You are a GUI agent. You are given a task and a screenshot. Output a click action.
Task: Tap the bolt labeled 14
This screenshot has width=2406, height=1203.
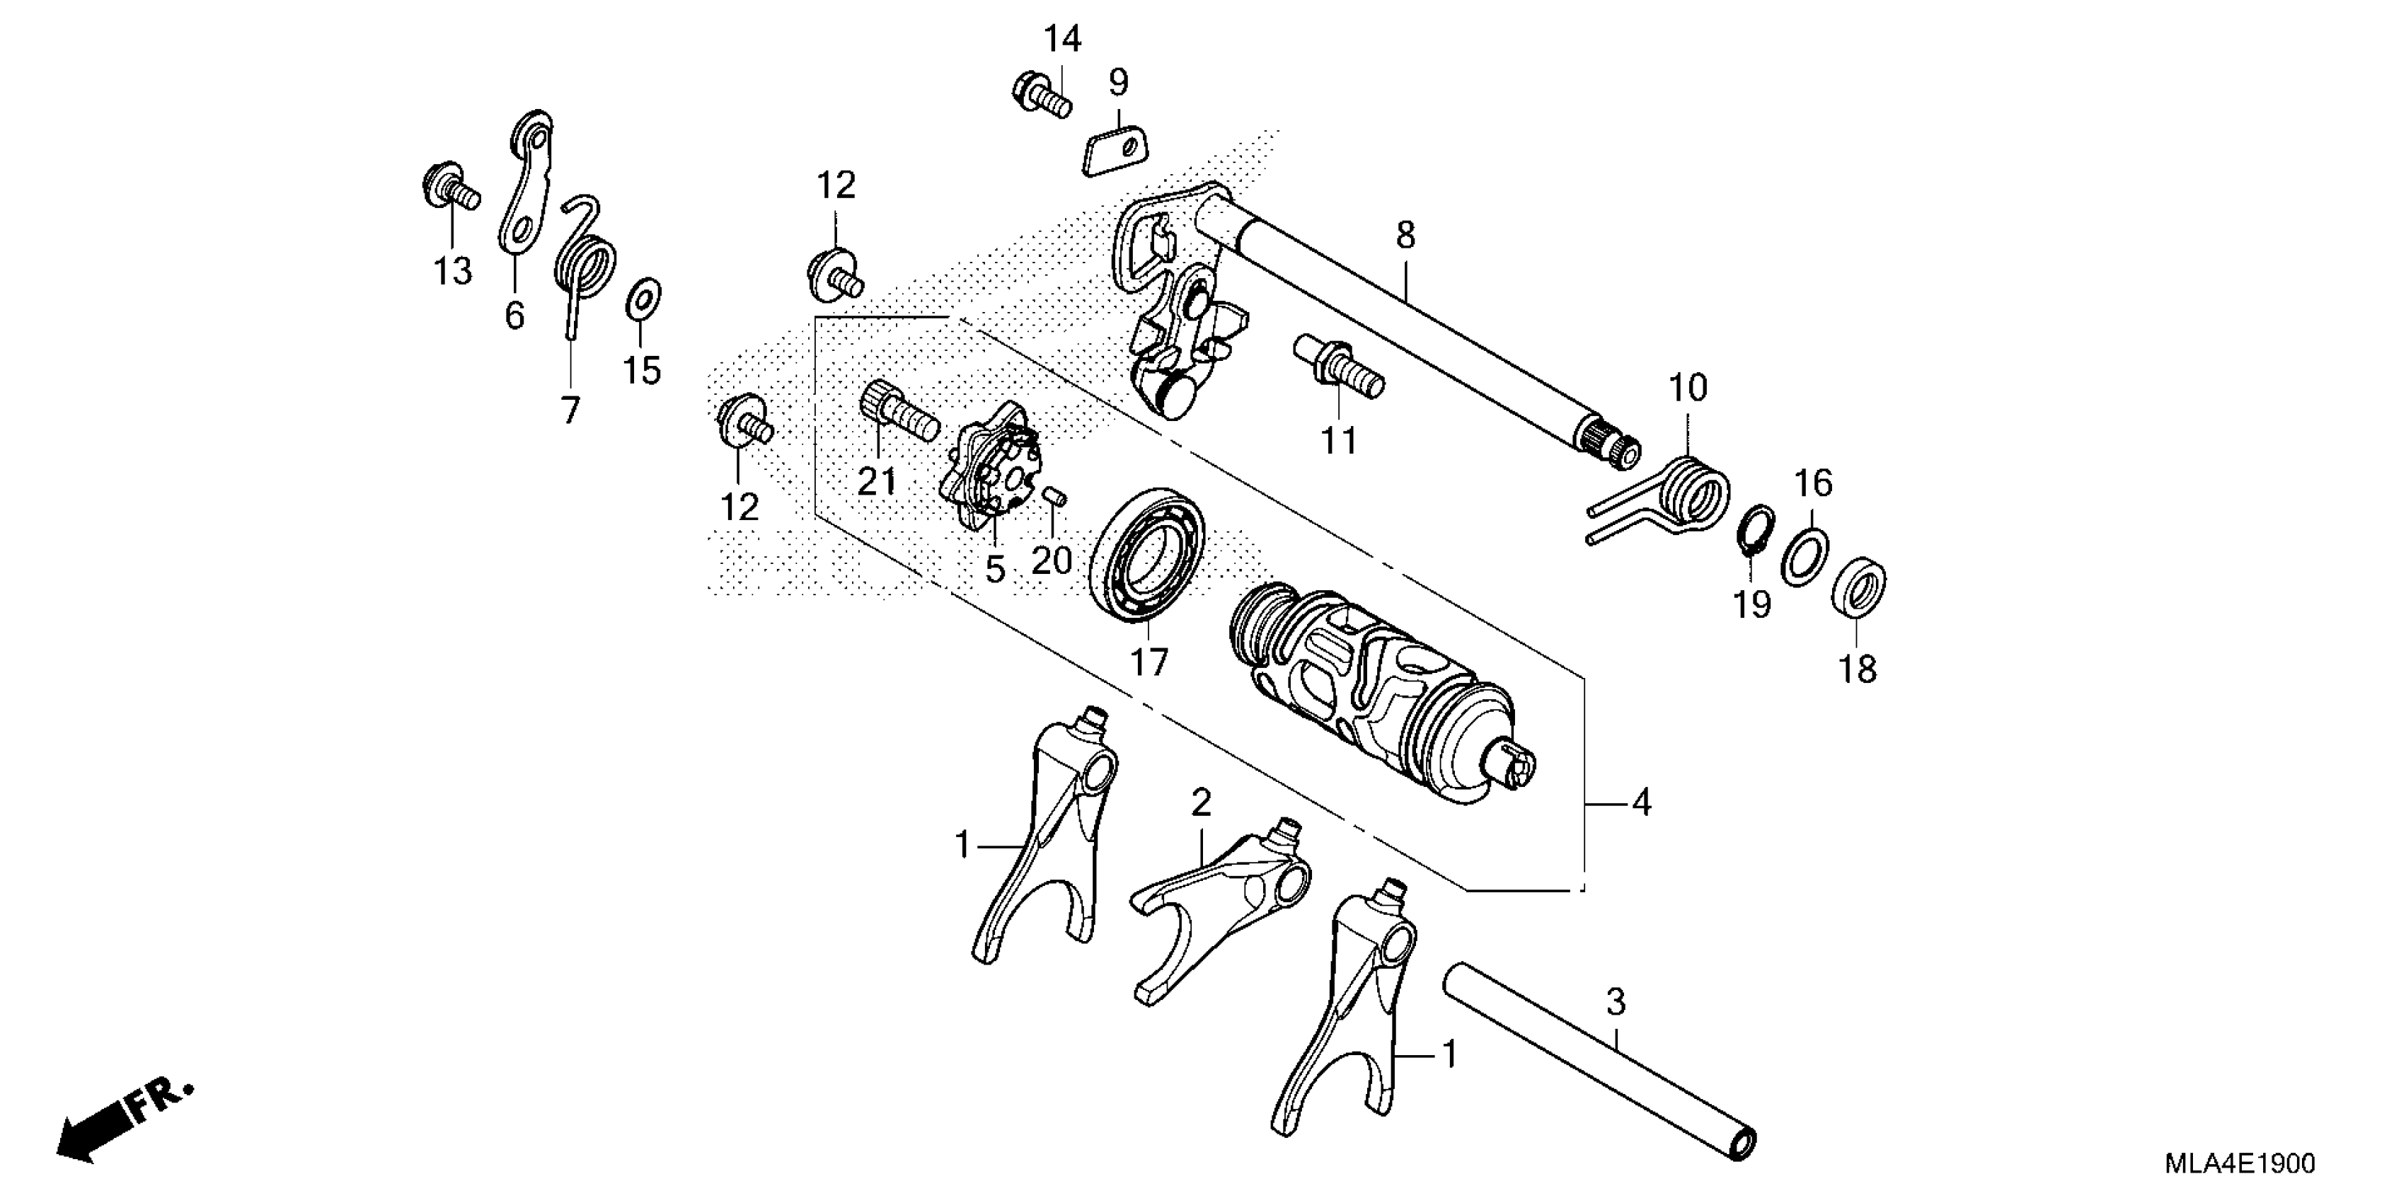[1040, 94]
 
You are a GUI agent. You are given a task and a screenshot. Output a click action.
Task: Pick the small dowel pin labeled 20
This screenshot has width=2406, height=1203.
[1054, 495]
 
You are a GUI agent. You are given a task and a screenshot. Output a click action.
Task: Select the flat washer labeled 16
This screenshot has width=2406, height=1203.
[1804, 558]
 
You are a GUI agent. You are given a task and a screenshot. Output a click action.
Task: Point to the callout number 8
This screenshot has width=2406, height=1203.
[1405, 236]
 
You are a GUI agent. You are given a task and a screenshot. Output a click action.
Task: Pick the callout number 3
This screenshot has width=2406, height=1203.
[1616, 1003]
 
